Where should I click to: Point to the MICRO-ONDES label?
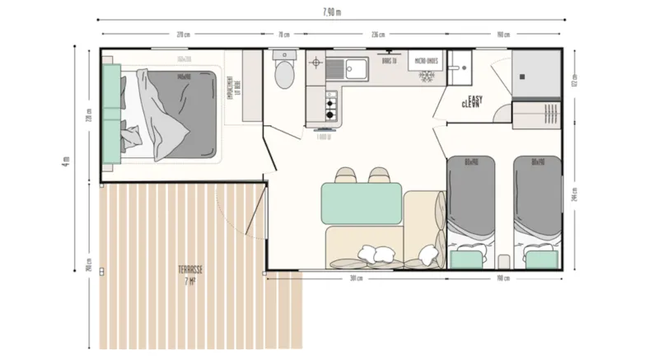(426, 60)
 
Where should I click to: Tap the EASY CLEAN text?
(472, 102)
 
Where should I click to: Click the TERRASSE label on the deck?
(190, 270)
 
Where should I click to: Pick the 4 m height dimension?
(66, 161)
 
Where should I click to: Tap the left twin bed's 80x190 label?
(471, 161)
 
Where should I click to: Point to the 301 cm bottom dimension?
(356, 278)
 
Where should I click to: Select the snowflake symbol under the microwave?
(427, 76)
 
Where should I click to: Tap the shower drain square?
(521, 77)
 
